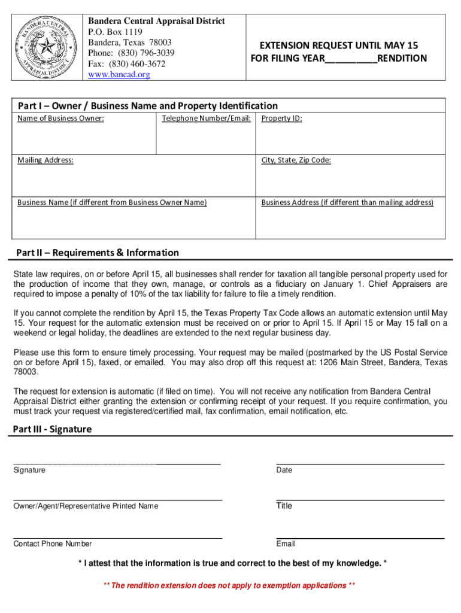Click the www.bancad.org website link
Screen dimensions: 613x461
tap(119, 75)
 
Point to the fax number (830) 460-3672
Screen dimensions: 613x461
tap(126, 64)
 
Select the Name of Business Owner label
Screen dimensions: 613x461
tap(60, 119)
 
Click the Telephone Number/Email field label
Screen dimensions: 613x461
tap(206, 119)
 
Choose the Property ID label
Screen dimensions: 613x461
tap(281, 119)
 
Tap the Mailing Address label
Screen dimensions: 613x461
tap(46, 160)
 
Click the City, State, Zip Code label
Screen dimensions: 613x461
tap(296, 160)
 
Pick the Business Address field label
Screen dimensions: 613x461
tap(347, 202)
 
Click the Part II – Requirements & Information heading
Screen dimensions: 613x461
tap(97, 253)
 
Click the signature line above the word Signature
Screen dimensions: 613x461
tap(117, 464)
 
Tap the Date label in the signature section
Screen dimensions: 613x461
tap(284, 471)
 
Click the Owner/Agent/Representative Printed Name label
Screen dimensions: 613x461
tap(86, 506)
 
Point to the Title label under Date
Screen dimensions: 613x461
tap(284, 506)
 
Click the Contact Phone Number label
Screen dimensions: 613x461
tap(53, 544)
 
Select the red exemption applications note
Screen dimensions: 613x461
tap(230, 585)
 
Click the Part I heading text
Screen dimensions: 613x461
tap(147, 106)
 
